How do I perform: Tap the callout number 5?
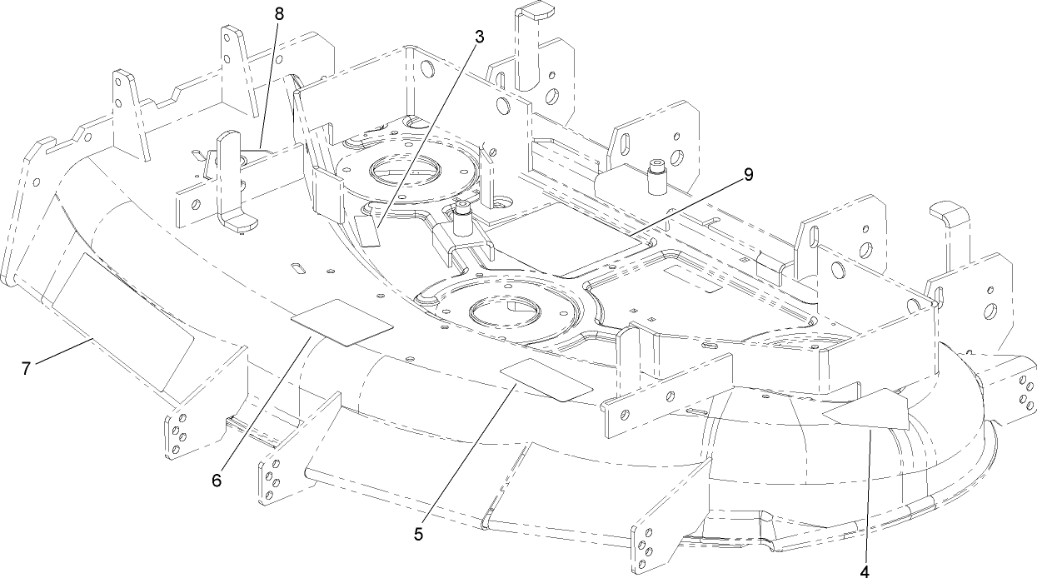tap(419, 534)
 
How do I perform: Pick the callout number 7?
tap(27, 367)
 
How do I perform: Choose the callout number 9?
tap(747, 174)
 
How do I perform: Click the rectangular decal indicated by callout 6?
tap(341, 321)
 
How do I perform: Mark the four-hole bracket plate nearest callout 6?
tap(177, 433)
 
